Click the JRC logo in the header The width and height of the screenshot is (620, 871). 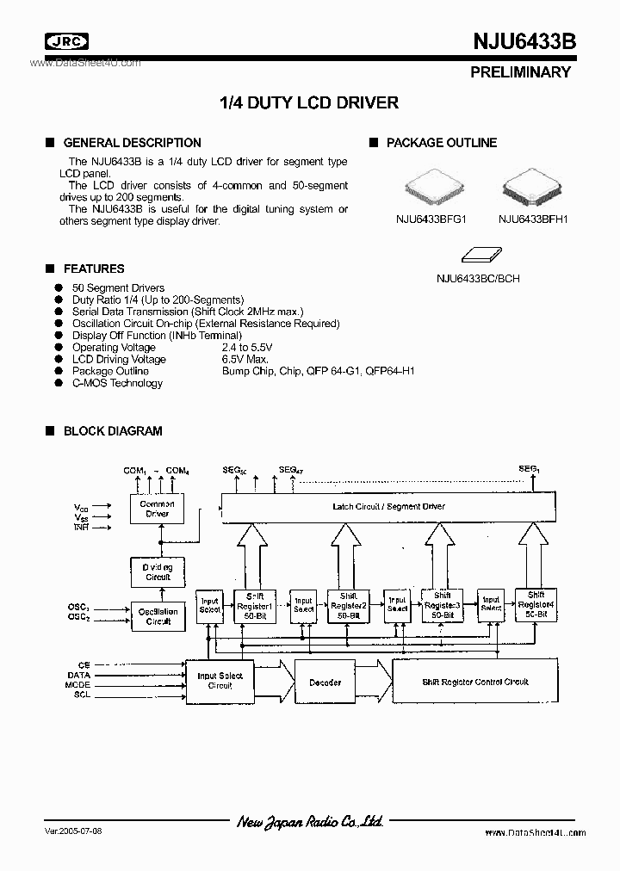click(65, 41)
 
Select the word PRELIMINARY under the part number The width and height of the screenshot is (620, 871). click(520, 72)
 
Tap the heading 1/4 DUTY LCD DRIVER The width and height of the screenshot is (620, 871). click(310, 102)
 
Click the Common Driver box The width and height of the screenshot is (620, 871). click(158, 509)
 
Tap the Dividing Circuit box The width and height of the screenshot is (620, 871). click(158, 571)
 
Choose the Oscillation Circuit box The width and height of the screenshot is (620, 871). click(158, 616)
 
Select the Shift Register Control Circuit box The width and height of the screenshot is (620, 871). click(475, 682)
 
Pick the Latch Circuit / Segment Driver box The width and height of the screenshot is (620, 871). click(388, 506)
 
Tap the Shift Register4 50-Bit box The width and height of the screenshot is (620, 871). click(536, 605)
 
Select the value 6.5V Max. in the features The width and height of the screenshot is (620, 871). click(245, 359)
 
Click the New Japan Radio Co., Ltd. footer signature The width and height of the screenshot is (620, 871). click(310, 822)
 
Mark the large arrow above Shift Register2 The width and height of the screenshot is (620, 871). click(348, 553)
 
